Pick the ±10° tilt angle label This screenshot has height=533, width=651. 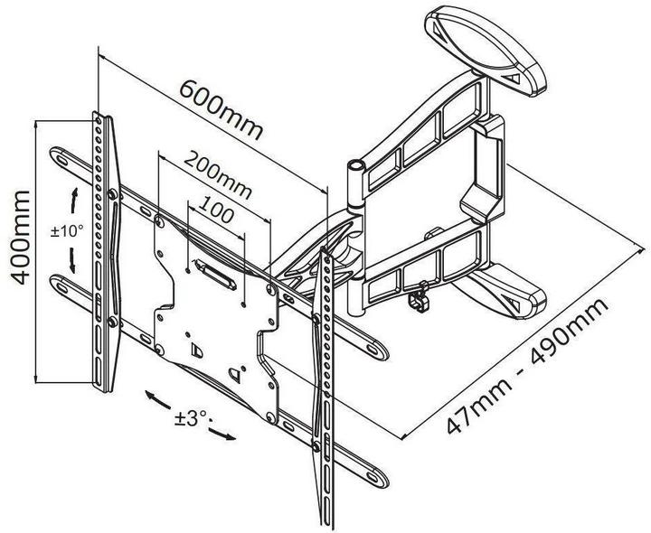pos(67,231)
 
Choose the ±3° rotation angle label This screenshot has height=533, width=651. pos(193,418)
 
